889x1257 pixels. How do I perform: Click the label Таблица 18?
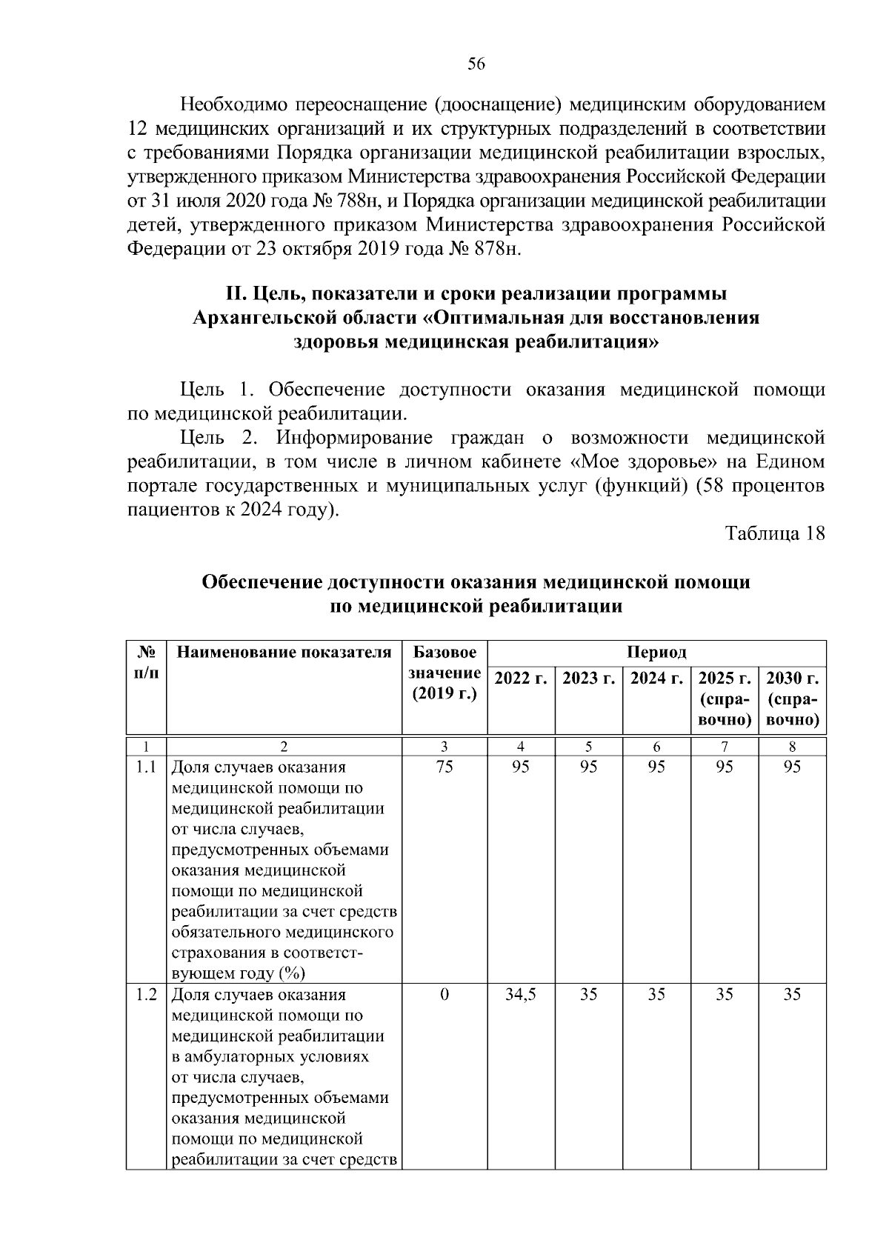(x=774, y=534)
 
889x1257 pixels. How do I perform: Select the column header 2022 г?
(x=521, y=678)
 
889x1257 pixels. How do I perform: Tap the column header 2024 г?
(x=656, y=678)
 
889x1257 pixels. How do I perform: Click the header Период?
(x=656, y=653)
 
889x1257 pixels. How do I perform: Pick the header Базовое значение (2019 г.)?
(x=444, y=673)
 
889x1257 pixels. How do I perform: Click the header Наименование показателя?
(x=284, y=653)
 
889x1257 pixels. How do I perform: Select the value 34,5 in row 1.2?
(x=521, y=995)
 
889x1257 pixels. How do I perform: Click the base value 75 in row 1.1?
(x=444, y=767)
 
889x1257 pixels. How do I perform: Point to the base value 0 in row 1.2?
(x=444, y=995)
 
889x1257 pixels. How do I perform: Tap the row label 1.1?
(x=146, y=767)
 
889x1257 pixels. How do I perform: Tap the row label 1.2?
(x=146, y=995)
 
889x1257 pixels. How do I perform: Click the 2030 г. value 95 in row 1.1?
(x=792, y=767)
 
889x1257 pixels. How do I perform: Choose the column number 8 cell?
(x=792, y=747)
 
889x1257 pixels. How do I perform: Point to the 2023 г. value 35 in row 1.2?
(x=588, y=995)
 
